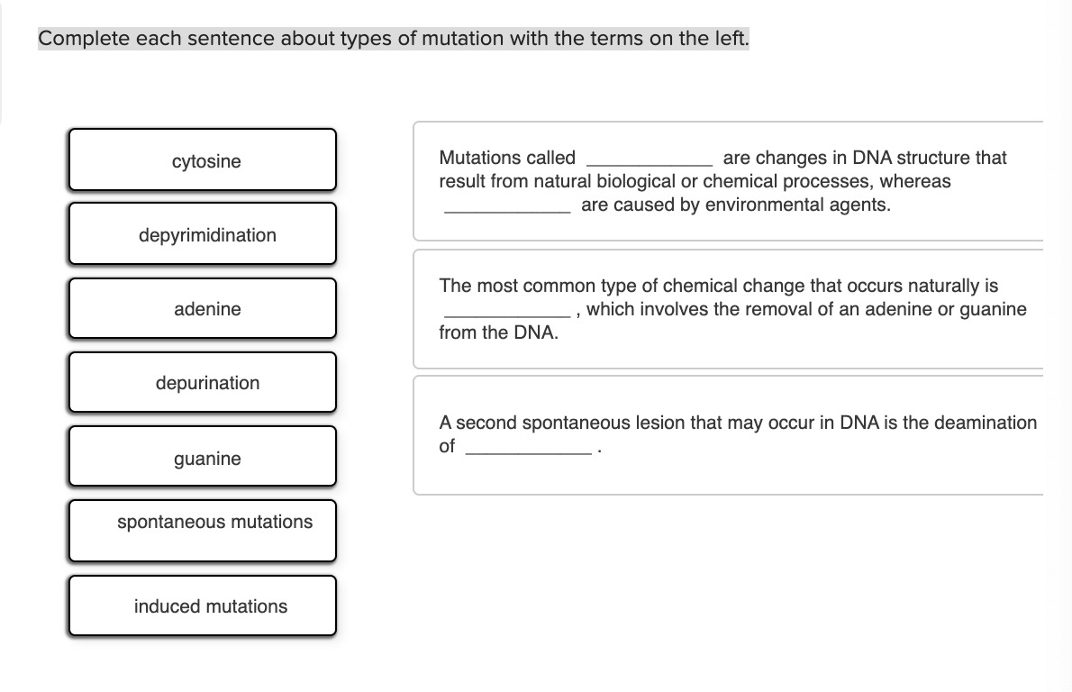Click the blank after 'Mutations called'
[649, 159]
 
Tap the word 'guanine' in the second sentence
[994, 309]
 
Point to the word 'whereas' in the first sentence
[916, 181]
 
